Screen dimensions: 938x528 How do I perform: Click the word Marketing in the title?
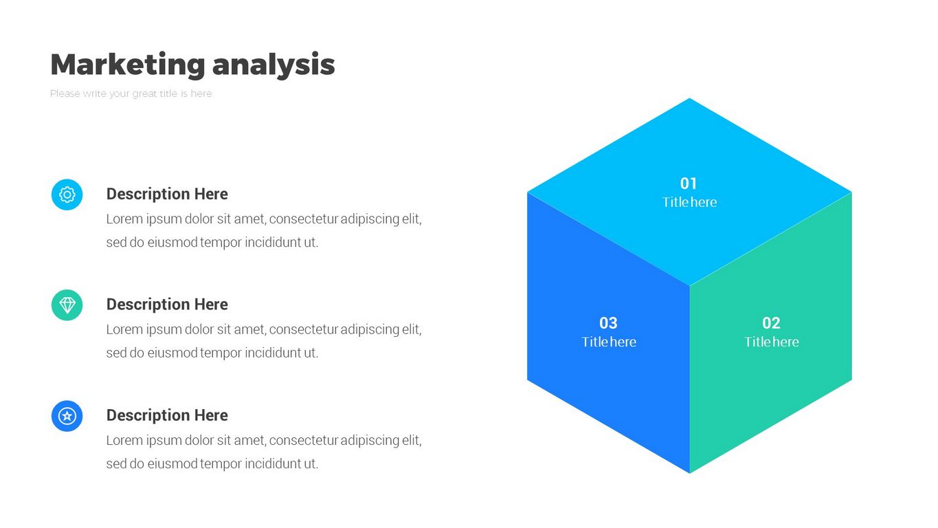click(128, 65)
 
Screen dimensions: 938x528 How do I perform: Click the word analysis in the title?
click(273, 65)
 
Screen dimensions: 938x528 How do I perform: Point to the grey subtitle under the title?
click(131, 93)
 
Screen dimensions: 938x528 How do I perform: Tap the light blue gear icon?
click(67, 195)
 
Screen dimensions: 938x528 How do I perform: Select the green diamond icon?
click(67, 305)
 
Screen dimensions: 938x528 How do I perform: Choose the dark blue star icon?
click(67, 416)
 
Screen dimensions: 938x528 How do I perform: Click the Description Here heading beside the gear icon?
click(167, 194)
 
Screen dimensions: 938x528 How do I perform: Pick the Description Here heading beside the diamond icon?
click(167, 305)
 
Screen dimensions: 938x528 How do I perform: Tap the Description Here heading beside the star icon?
click(167, 415)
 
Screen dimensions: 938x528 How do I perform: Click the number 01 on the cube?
click(689, 184)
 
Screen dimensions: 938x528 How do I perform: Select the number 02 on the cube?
click(771, 323)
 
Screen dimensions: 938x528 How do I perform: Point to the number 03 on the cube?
click(608, 323)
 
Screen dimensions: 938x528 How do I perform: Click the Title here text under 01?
click(689, 202)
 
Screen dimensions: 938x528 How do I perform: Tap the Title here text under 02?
click(771, 342)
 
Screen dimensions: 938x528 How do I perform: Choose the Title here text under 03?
click(609, 342)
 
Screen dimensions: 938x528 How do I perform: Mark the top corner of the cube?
click(689, 98)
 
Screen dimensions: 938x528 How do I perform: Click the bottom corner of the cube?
click(690, 473)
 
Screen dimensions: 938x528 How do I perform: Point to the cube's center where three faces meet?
click(690, 286)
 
